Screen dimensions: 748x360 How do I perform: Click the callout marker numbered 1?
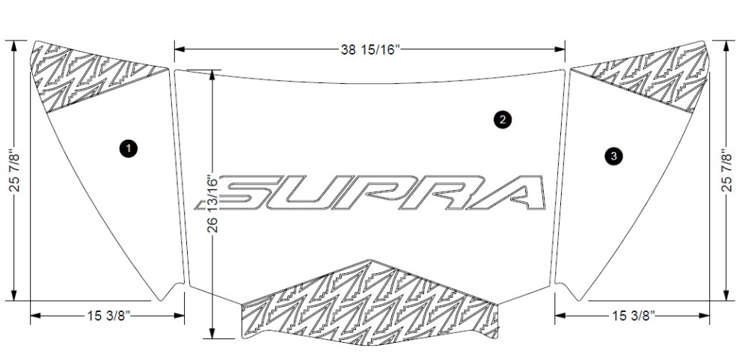click(129, 148)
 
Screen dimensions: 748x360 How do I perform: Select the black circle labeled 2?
click(503, 120)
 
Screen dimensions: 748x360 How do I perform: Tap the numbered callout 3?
click(613, 156)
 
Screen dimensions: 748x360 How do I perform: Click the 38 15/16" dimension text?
click(370, 49)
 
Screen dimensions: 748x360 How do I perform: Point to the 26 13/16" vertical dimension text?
click(212, 204)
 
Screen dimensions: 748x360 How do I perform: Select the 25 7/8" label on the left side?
click(14, 171)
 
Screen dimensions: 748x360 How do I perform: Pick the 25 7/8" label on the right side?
click(726, 171)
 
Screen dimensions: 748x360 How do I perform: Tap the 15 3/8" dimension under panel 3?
click(633, 316)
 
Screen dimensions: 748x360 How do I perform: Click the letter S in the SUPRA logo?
click(239, 193)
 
